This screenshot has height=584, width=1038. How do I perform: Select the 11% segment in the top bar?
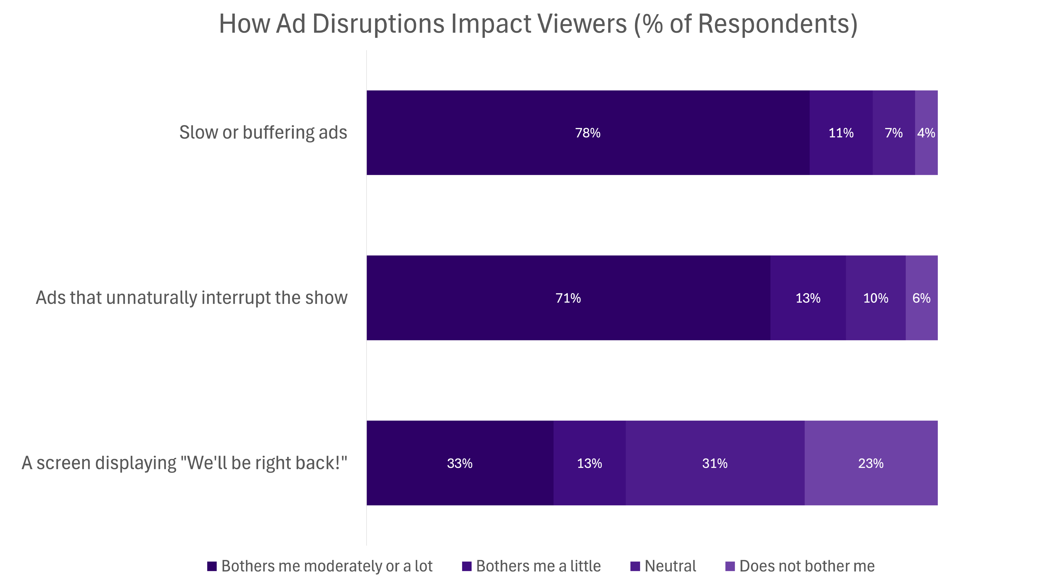pyautogui.click(x=841, y=133)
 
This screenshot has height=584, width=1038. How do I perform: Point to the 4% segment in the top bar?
pyautogui.click(x=926, y=133)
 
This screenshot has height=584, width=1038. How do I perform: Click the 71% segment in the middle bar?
pyautogui.click(x=568, y=298)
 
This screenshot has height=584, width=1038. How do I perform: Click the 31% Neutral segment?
pyautogui.click(x=715, y=463)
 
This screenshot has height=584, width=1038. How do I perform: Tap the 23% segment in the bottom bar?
pyautogui.click(x=871, y=463)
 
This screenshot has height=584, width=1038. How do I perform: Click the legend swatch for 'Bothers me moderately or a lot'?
pyautogui.click(x=212, y=566)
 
